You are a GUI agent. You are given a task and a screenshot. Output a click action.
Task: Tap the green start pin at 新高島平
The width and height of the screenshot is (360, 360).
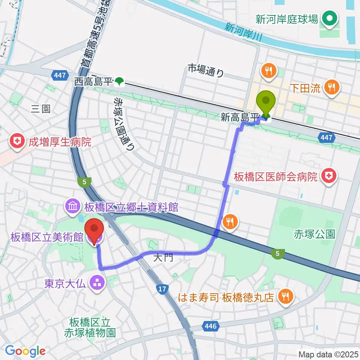pyautogui.click(x=266, y=102)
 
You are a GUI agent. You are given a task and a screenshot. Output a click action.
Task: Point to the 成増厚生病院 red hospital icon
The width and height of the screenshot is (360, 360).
pyautogui.click(x=17, y=142)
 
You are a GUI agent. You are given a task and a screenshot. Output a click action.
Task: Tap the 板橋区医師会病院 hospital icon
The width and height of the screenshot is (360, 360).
pyautogui.click(x=329, y=176)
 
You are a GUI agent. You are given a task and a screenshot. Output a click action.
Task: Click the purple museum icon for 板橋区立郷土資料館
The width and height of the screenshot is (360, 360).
pyautogui.click(x=72, y=206)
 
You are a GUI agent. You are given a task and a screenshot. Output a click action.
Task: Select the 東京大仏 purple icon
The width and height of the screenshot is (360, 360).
pyautogui.click(x=97, y=282)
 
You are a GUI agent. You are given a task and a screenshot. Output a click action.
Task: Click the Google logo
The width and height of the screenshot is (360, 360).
pyautogui.click(x=25, y=351)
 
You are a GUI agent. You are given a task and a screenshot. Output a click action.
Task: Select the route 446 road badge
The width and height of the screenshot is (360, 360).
pyautogui.click(x=211, y=326)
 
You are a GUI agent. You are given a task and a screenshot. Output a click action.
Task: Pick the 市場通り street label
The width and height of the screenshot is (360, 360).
pyautogui.click(x=205, y=70)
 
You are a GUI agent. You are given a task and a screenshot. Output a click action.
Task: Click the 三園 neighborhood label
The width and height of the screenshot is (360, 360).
pyautogui.click(x=40, y=109)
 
